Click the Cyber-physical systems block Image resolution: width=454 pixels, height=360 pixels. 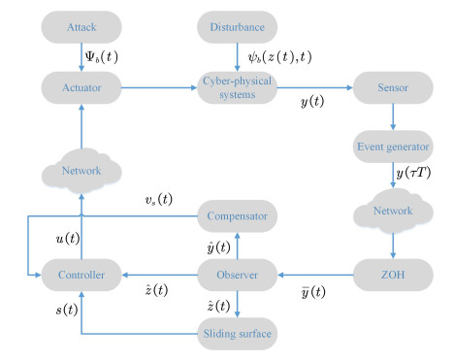[x=237, y=87]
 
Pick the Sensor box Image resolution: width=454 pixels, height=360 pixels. [x=393, y=87]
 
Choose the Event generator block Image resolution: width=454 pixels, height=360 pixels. [x=393, y=148]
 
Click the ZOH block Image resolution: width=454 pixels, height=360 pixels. [x=393, y=277]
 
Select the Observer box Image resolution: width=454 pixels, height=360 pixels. [x=237, y=277]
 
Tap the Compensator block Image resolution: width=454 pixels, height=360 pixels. [x=237, y=212]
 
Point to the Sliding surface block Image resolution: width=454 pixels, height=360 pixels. [x=237, y=336]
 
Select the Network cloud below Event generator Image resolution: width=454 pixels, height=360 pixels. [x=393, y=213]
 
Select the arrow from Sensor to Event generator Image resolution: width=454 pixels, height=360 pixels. [x=393, y=117]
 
